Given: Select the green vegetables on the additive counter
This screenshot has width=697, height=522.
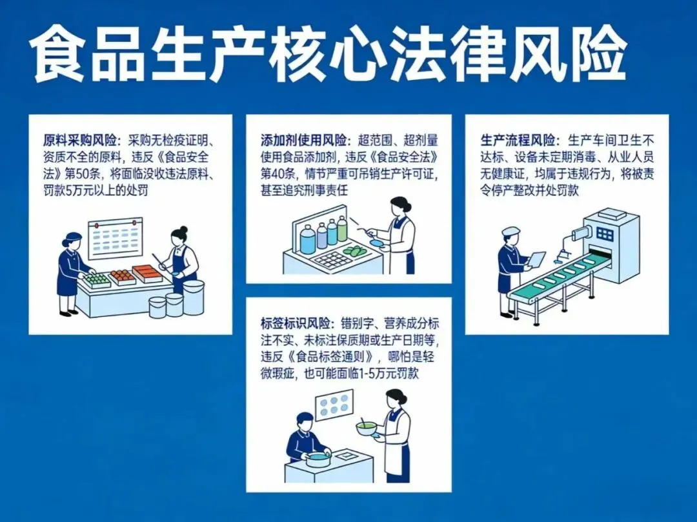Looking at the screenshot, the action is tap(354, 251).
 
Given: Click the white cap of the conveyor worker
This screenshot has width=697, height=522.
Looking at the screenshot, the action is tap(510, 231).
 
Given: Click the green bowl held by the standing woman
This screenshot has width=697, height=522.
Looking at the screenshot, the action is tap(366, 427).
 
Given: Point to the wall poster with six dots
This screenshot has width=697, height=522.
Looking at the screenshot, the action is tap(334, 408).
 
